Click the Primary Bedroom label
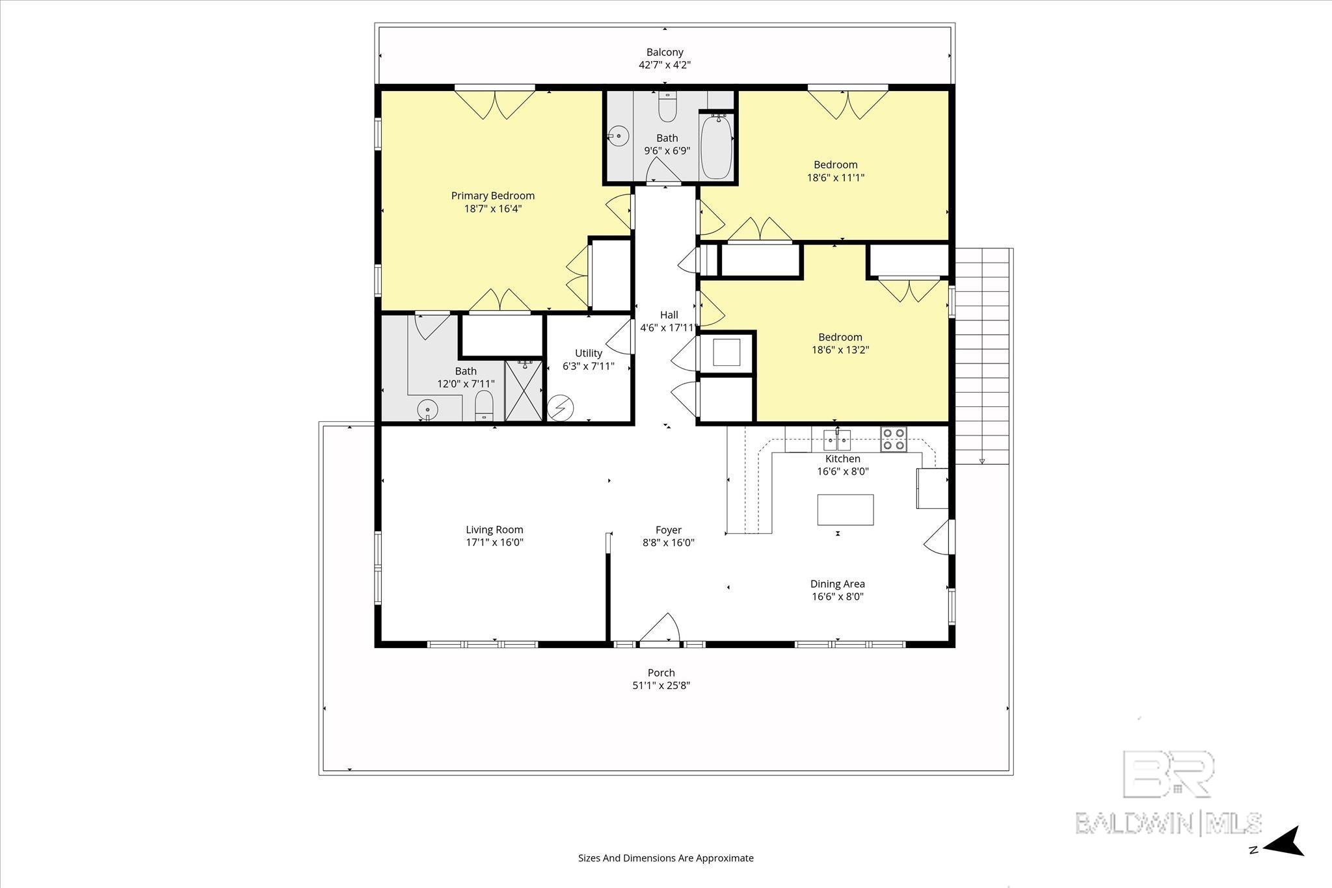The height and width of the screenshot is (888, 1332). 493,196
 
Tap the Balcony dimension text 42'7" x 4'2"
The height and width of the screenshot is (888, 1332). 665,65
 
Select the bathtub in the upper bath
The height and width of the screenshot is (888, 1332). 716,146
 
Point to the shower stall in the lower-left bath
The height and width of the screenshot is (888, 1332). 523,391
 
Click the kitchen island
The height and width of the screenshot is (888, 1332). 846,510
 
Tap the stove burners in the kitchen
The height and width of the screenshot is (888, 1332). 894,439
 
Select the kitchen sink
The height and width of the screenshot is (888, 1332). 838,440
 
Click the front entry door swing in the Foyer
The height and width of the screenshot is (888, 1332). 659,628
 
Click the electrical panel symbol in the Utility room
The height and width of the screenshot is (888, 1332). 560,408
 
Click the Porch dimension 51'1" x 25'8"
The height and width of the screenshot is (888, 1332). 661,685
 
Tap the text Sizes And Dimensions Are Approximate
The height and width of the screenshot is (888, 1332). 666,858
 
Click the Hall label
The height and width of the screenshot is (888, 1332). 669,315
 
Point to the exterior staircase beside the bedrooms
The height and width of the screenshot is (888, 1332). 982,356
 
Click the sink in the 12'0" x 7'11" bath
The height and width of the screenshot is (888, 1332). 427,410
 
